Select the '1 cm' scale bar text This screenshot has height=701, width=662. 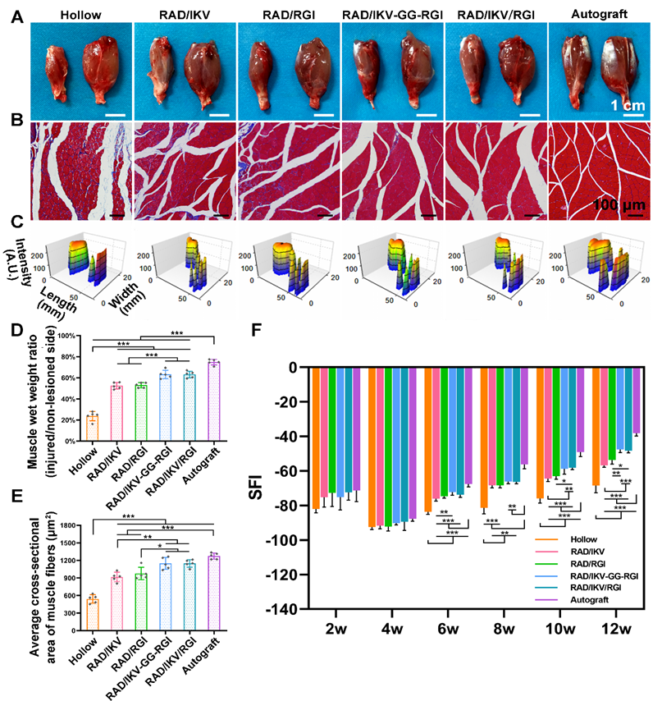[x=629, y=105]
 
